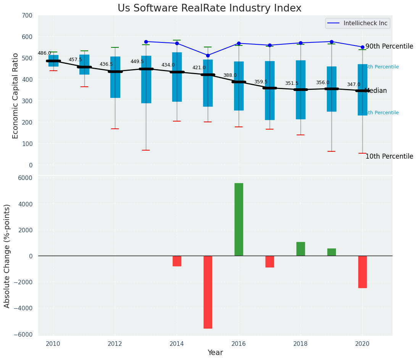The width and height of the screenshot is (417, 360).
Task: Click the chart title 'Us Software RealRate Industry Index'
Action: tap(209, 8)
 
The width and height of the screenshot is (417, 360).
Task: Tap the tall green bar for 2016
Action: tap(239, 219)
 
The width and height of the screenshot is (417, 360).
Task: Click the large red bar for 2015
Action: tap(208, 292)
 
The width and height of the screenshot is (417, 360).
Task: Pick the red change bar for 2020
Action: tap(362, 272)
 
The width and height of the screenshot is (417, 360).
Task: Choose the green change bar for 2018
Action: tap(301, 249)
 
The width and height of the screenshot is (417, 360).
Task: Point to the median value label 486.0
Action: tap(44, 53)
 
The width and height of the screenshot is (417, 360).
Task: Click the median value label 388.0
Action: tap(230, 75)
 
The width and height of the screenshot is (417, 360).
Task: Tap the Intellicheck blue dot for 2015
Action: tap(208, 55)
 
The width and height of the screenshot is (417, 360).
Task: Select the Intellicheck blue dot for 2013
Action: tap(146, 42)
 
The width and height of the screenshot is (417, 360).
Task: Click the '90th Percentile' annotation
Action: tap(389, 47)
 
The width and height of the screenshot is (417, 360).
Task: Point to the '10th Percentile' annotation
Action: tap(389, 156)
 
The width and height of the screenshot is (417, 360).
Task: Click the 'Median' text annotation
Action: tap(376, 91)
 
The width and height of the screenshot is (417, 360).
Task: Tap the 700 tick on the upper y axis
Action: tap(30, 15)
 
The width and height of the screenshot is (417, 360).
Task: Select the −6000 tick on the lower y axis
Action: tap(24, 334)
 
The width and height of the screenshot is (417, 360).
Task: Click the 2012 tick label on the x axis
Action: tap(115, 344)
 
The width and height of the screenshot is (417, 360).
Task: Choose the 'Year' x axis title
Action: tap(215, 353)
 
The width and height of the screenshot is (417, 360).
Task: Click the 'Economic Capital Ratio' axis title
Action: tap(16, 96)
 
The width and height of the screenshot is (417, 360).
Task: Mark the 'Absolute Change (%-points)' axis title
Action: tap(7, 256)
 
